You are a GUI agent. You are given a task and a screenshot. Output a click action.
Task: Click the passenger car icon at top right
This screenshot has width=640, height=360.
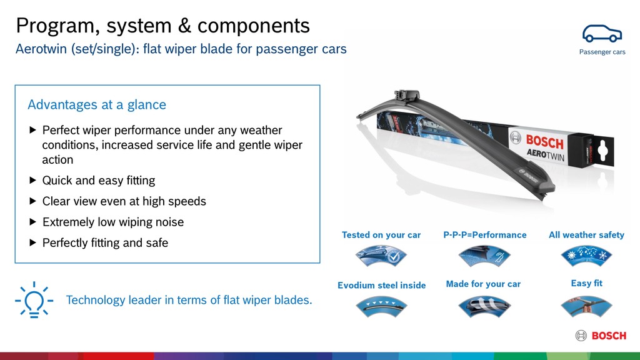point(602,34)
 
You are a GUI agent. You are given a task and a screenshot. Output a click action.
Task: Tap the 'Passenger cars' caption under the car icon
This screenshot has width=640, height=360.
point(602,52)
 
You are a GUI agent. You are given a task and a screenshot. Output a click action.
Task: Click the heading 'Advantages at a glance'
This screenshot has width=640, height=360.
point(97,104)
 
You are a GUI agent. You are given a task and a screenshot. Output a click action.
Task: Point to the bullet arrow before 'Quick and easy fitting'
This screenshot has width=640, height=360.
point(33,181)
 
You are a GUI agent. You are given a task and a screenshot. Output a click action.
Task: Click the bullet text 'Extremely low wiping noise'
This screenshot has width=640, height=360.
point(112,222)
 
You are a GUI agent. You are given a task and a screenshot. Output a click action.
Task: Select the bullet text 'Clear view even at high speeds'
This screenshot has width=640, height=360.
point(124,201)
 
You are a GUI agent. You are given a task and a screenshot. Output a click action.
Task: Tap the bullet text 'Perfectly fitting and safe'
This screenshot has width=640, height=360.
point(105,242)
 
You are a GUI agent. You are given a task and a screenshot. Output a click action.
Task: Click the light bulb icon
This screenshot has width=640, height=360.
point(32,300)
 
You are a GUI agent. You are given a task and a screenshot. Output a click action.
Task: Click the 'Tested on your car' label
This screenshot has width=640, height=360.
point(381,235)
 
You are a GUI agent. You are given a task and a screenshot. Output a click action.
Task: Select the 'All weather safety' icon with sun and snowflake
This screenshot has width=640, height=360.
point(586,255)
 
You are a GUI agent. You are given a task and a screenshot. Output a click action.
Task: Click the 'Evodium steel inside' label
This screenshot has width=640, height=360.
point(381,285)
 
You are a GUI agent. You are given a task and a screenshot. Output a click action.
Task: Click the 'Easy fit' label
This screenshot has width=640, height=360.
point(586,283)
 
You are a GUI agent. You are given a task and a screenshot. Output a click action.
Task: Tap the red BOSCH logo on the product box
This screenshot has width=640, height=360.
point(544,142)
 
